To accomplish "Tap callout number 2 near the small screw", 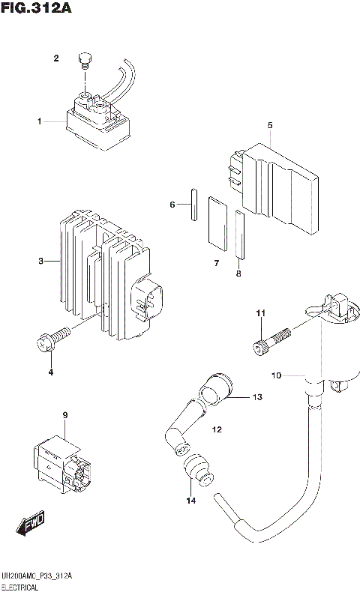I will pyautogui.click(x=55, y=58).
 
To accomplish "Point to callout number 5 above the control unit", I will pyautogui.click(x=268, y=125).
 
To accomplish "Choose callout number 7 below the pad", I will pyautogui.click(x=215, y=263).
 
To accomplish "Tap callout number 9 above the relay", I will pyautogui.click(x=65, y=415).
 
